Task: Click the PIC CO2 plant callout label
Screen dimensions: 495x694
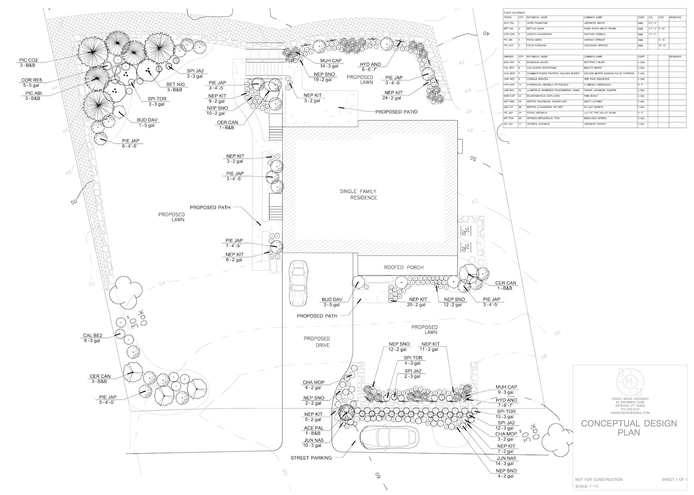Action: point(29,60)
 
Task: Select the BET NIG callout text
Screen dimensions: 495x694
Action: point(175,84)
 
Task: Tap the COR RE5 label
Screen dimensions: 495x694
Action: point(31,80)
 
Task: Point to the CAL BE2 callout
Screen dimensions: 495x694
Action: point(93,335)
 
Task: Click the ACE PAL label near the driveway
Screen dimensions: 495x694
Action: point(313,428)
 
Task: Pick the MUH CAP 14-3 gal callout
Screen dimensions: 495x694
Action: point(330,61)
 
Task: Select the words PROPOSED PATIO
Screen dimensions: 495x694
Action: point(396,112)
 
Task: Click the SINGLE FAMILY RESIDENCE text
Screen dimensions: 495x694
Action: point(358,194)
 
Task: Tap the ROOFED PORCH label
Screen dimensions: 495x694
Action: point(403,268)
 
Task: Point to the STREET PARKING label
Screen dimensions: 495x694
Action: point(311,458)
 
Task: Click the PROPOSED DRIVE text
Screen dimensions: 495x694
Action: point(317,342)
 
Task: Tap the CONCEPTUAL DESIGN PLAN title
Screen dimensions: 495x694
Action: point(629,427)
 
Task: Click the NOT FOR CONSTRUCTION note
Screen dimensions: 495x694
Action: point(599,479)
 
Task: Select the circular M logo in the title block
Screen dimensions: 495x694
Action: point(630,382)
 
